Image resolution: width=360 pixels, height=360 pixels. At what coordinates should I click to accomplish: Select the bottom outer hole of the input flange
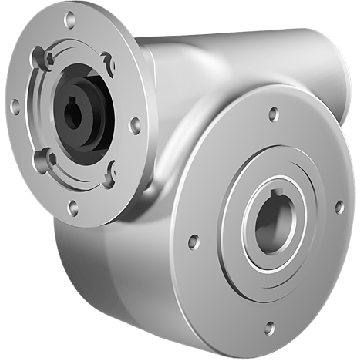[74, 207]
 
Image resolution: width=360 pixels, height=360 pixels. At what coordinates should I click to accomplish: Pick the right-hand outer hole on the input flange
[134, 125]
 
